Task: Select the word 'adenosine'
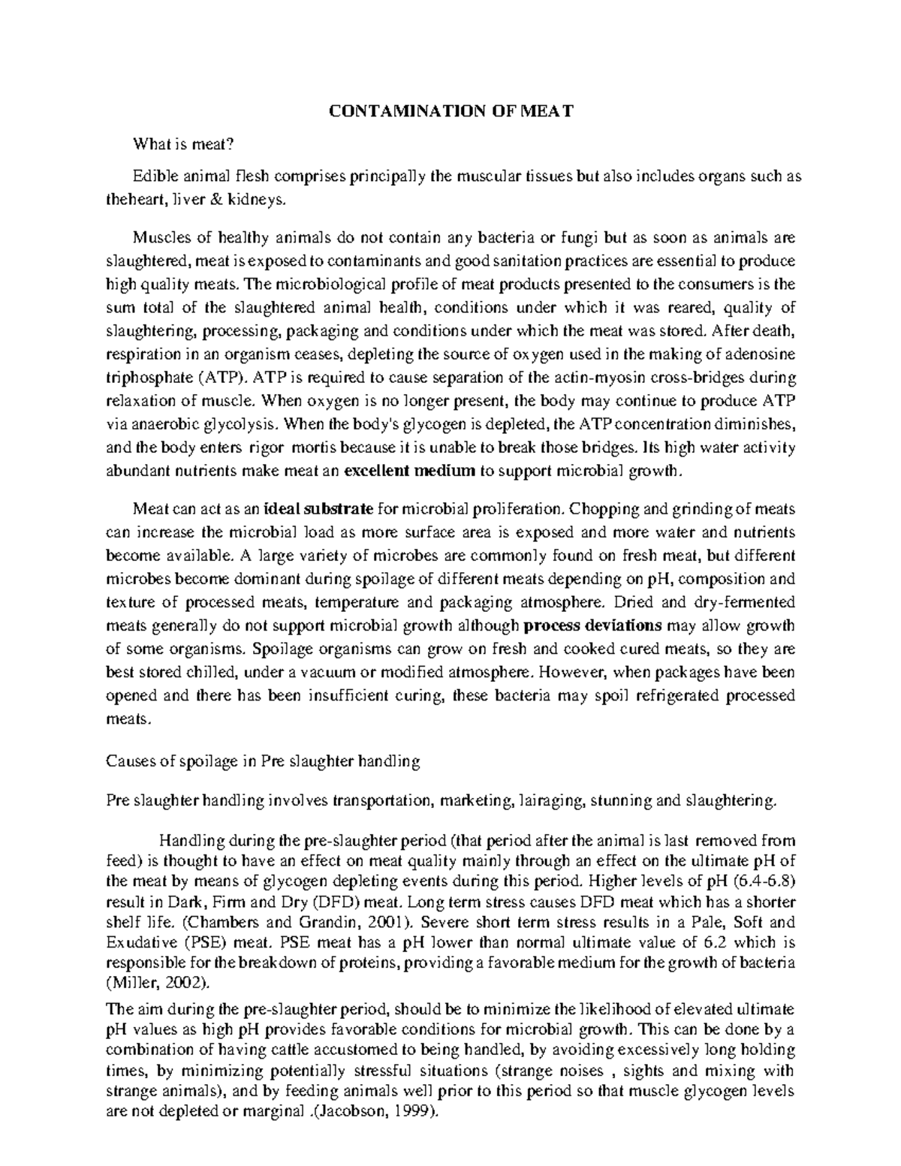coord(766,354)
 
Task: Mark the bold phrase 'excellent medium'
coord(410,472)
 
